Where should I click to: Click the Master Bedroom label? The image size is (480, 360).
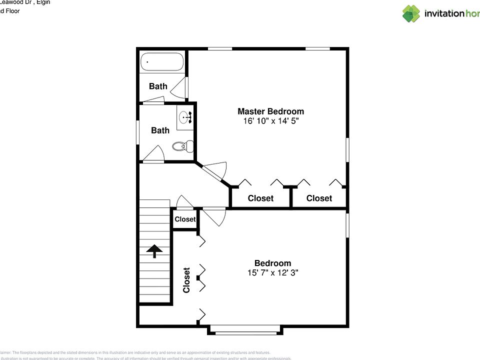click(x=270, y=111)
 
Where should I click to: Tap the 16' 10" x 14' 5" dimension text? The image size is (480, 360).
click(x=270, y=121)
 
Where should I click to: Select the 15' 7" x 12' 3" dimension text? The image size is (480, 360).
click(x=272, y=273)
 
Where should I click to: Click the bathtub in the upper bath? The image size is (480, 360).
click(x=161, y=62)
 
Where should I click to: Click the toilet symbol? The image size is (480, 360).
click(x=182, y=146)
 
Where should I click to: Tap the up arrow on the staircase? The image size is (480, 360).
click(x=154, y=251)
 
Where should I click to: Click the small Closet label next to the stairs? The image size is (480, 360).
click(x=185, y=219)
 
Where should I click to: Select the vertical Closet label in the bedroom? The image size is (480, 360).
click(x=186, y=280)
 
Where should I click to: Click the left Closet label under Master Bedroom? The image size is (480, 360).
click(x=260, y=198)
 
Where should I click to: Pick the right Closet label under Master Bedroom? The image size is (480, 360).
click(x=319, y=198)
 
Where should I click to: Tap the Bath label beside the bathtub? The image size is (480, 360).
click(x=158, y=86)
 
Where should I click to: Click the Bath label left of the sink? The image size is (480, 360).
click(x=160, y=130)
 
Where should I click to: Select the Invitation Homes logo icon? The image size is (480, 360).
click(x=411, y=13)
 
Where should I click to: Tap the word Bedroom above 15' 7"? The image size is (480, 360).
click(x=272, y=263)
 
